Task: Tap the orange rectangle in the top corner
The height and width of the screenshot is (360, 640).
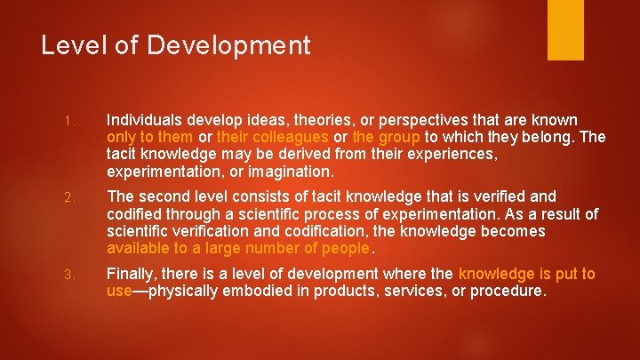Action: click(564, 29)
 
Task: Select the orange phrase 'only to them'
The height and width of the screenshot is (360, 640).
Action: click(148, 137)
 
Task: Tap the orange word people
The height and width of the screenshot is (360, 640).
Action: click(344, 248)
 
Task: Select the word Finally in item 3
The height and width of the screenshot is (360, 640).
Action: click(132, 274)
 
